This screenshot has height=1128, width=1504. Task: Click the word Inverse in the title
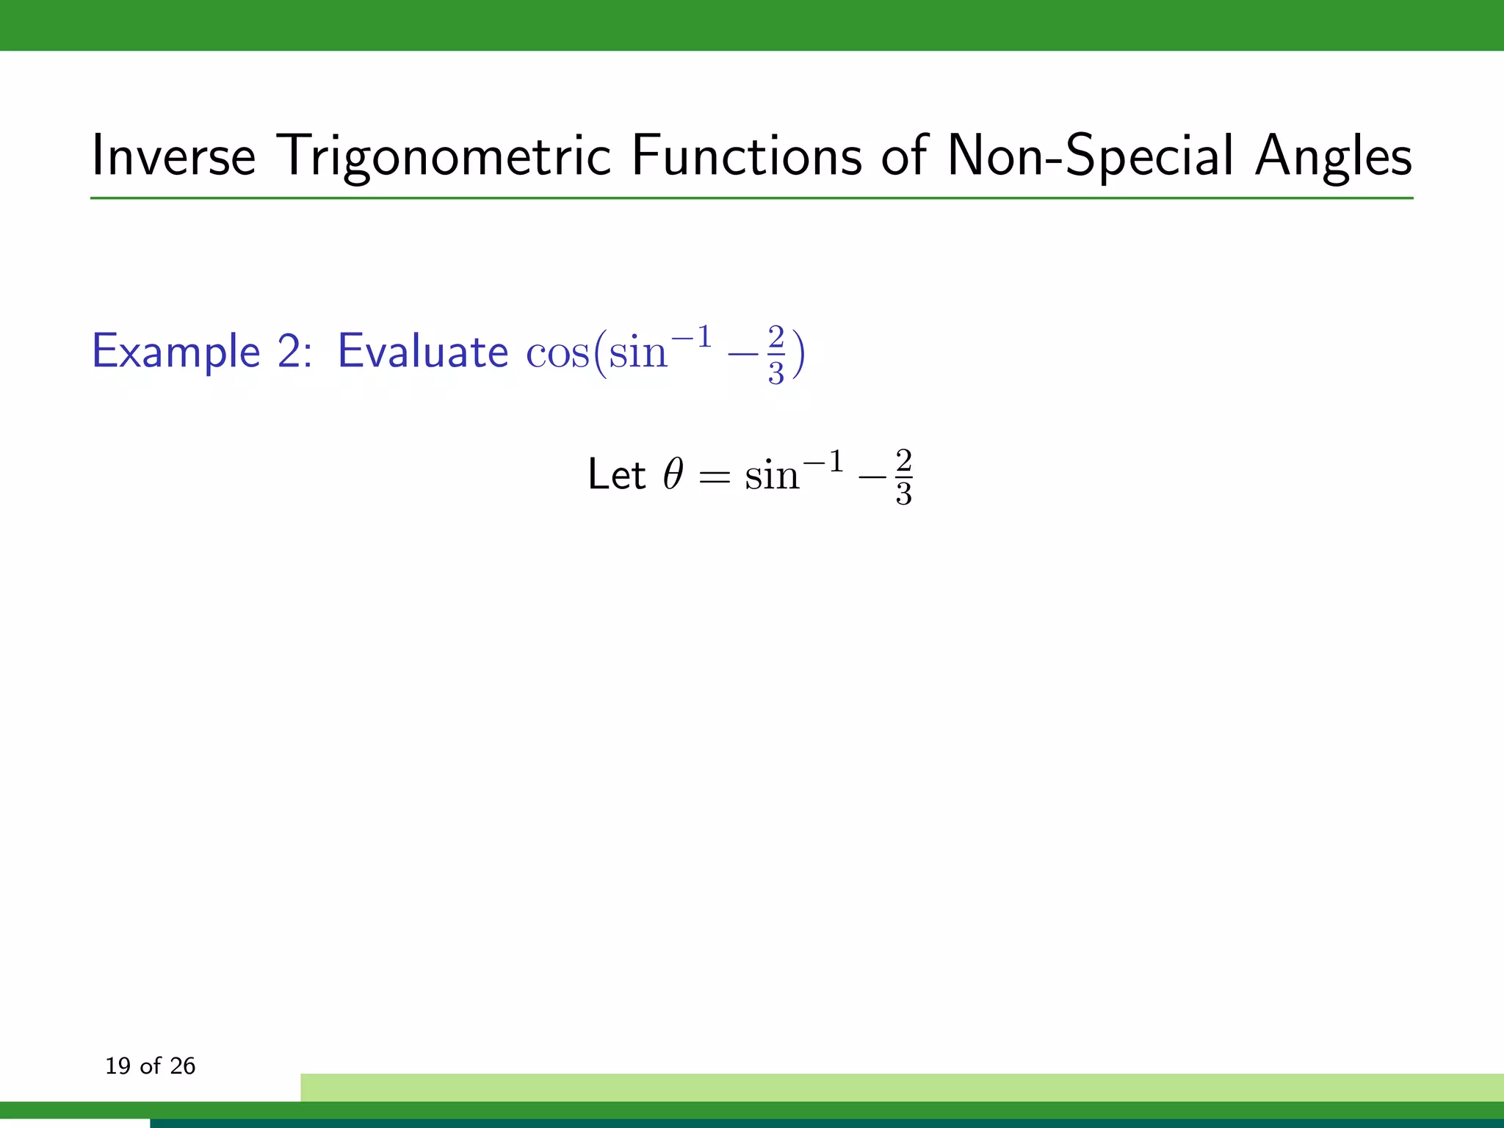[173, 156]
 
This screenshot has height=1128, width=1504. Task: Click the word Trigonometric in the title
[444, 156]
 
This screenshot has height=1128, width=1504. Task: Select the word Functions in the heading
[746, 156]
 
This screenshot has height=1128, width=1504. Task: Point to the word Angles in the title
[1333, 156]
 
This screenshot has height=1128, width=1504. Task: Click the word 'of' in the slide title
[904, 156]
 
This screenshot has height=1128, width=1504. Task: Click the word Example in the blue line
[176, 351]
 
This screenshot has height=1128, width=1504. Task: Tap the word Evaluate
[422, 351]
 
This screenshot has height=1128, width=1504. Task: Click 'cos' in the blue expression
[557, 353]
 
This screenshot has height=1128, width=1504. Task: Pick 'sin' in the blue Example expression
[637, 353]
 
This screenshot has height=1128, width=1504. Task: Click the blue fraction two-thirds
[776, 355]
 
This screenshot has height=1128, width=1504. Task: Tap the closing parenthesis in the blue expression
[798, 354]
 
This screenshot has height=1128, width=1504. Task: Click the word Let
[616, 474]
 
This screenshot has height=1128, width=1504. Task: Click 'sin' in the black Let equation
[771, 477]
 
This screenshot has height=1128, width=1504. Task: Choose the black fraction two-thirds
[903, 478]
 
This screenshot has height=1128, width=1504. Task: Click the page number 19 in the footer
[117, 1066]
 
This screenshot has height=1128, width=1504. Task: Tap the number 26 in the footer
[182, 1066]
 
